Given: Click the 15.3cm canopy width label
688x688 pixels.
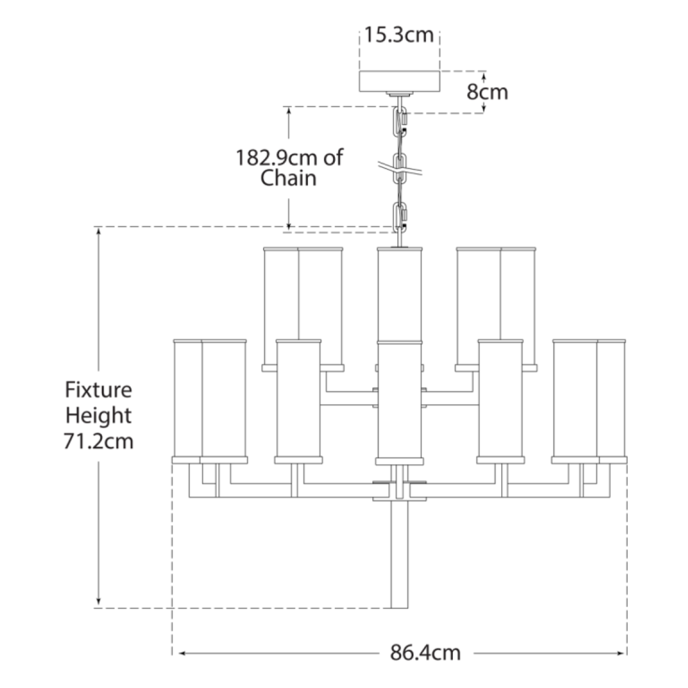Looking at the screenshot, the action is pyautogui.click(x=399, y=35).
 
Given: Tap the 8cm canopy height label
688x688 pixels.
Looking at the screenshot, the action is pyautogui.click(x=487, y=92).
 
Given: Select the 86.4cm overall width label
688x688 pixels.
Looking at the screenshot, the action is pyautogui.click(x=425, y=652).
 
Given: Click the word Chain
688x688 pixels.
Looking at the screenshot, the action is pyautogui.click(x=288, y=178).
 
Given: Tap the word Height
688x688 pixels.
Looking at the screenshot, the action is pyautogui.click(x=99, y=416).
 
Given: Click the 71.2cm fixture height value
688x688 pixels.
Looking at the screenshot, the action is pyautogui.click(x=99, y=441).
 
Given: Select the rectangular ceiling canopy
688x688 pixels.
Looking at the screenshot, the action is pyautogui.click(x=400, y=81).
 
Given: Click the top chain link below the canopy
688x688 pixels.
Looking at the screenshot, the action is pyautogui.click(x=400, y=122).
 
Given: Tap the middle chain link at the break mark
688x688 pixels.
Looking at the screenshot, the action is pyautogui.click(x=400, y=168).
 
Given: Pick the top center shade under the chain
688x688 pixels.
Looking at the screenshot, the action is pyautogui.click(x=400, y=294).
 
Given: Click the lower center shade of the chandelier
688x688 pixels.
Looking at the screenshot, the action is pyautogui.click(x=400, y=402).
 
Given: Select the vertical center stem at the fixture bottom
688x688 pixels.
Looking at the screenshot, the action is pyautogui.click(x=399, y=554).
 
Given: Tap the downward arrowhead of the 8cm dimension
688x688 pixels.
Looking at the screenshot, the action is pyautogui.click(x=483, y=108).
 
